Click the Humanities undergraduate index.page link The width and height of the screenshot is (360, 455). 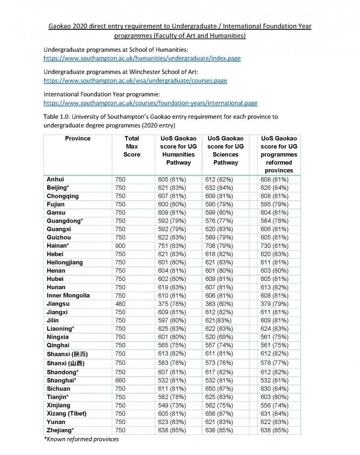click(142, 58)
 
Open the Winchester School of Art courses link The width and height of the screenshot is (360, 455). click(135, 81)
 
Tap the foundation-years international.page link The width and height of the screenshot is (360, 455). click(150, 103)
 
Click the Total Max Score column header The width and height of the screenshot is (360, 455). click(132, 146)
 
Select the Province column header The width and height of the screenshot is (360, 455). click(78, 138)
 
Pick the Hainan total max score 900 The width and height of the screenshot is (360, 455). click(120, 246)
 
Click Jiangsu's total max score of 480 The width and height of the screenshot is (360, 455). click(120, 304)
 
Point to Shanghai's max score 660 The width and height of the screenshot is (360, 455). click(120, 381)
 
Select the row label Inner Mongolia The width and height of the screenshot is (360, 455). click(68, 296)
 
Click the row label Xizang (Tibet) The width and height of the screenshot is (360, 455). click(67, 414)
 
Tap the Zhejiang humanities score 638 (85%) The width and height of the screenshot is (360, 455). click(172, 430)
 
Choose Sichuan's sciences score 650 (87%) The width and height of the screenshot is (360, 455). click(219, 389)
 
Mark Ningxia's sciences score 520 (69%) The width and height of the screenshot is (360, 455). click(219, 337)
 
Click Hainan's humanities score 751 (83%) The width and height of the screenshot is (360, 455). click(172, 246)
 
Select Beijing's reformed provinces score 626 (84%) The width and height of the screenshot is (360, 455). click(275, 188)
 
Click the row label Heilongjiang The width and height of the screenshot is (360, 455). click(65, 263)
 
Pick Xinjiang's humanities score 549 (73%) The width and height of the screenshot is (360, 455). click(172, 405)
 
